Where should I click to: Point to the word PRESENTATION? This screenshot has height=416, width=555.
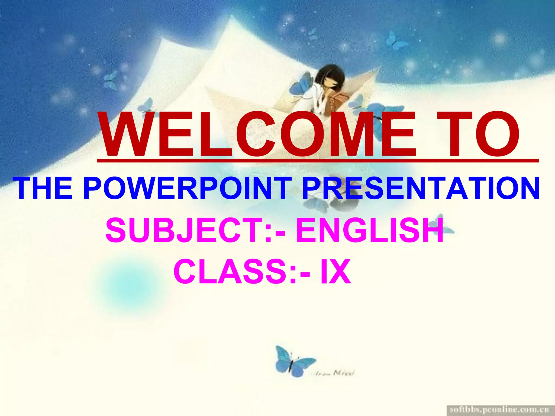tap(420, 188)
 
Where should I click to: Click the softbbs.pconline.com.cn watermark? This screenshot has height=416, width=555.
tap(499, 409)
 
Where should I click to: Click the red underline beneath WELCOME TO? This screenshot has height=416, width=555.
tap(317, 161)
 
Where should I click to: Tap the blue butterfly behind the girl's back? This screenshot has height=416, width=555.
tap(301, 84)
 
